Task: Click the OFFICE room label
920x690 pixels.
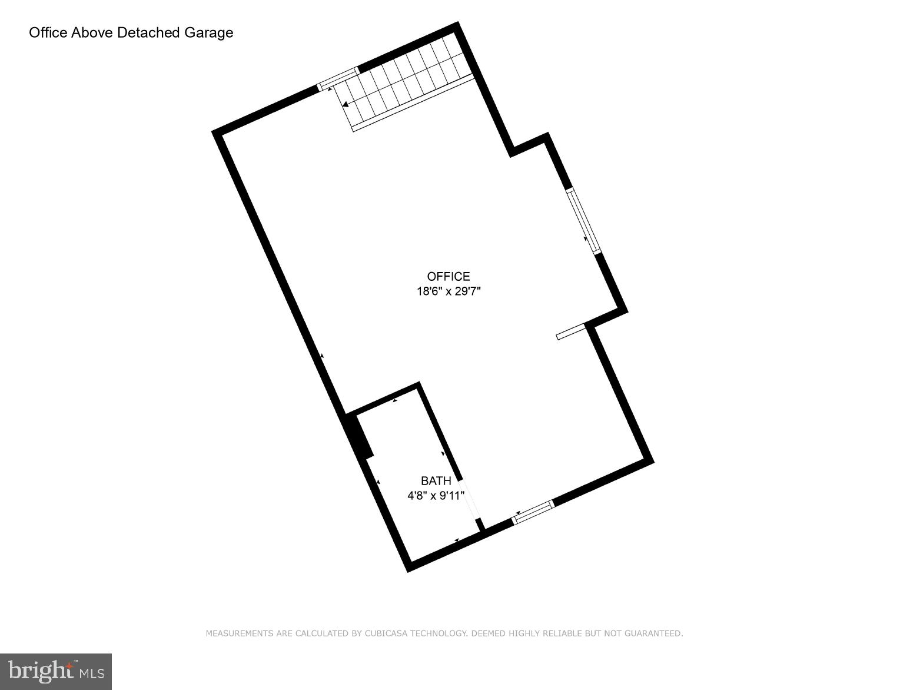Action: (449, 277)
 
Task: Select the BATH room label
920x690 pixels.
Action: (436, 481)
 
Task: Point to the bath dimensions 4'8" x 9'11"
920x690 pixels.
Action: (436, 496)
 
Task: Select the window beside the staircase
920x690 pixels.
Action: (337, 79)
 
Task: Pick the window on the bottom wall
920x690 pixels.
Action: (533, 512)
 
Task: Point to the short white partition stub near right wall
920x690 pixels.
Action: (570, 331)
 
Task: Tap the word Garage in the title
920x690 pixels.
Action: (209, 32)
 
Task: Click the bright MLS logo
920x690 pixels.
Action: (56, 671)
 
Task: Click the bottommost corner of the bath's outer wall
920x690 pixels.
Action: (408, 569)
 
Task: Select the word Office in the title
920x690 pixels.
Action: (48, 32)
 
